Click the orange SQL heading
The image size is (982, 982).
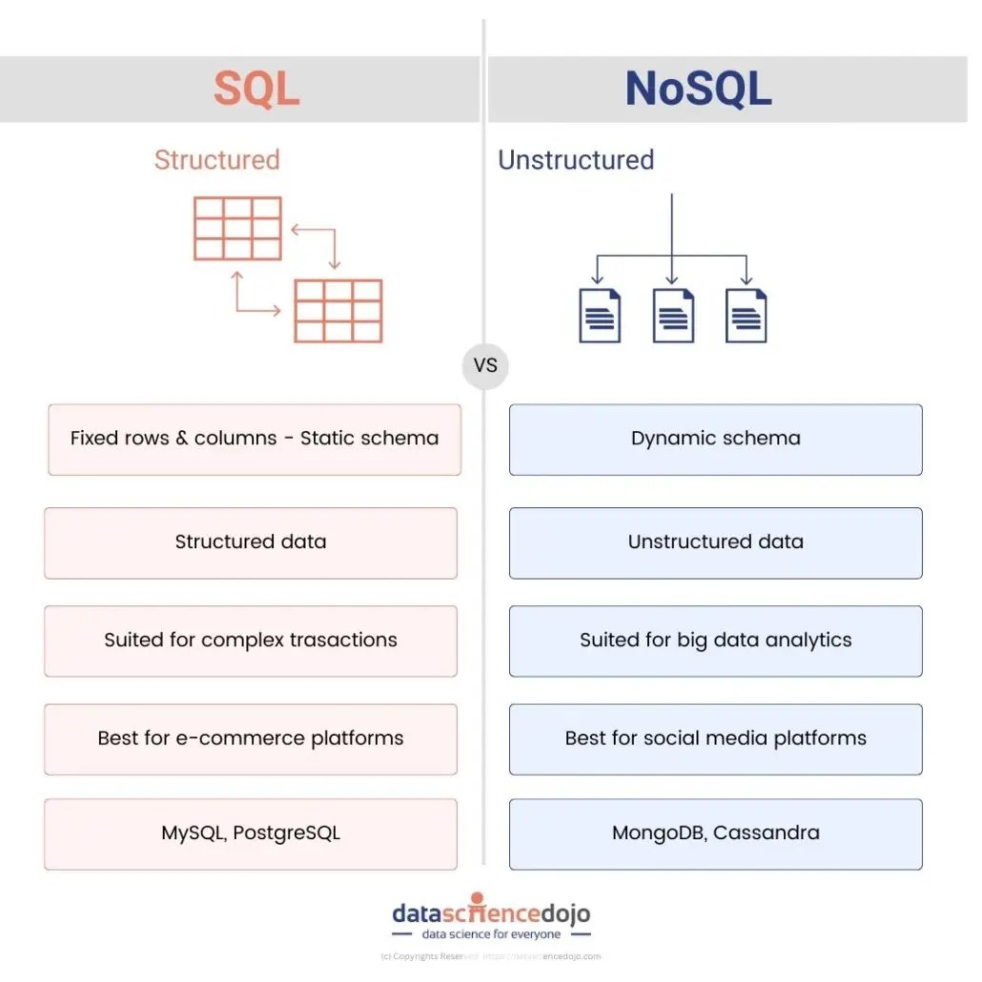point(256,89)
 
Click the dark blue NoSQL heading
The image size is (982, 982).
point(698,89)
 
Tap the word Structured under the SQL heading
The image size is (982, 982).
point(216,159)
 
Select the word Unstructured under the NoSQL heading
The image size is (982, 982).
point(576,159)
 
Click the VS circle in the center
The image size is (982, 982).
point(485,365)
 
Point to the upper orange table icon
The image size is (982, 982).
point(237,228)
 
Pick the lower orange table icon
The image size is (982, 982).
point(338,311)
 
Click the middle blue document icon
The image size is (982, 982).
point(673,315)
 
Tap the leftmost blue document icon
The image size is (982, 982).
point(600,315)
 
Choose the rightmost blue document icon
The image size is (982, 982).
point(746,315)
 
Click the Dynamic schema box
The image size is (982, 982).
point(715,439)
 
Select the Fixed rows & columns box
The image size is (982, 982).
point(255,439)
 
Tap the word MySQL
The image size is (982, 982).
point(191,832)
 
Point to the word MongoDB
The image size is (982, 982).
point(657,832)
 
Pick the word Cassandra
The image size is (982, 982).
point(767,832)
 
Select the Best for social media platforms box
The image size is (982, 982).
point(715,738)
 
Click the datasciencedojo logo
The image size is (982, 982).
point(491,918)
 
